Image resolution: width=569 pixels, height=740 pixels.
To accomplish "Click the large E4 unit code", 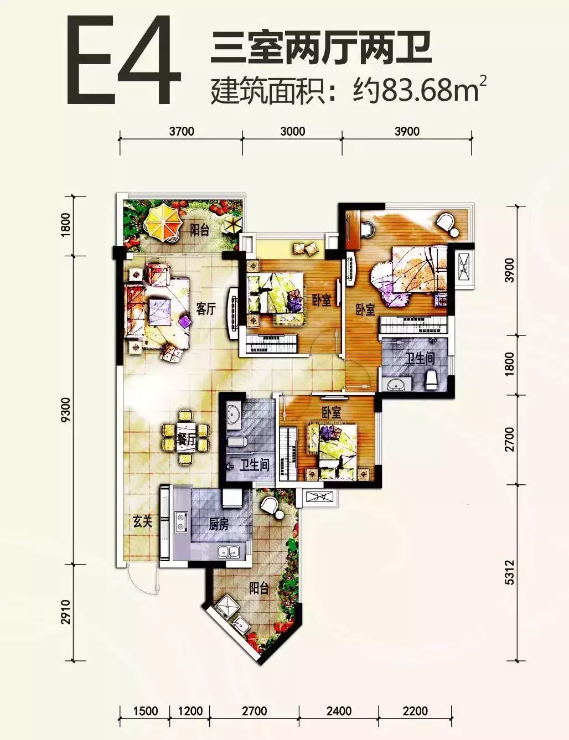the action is [123, 61].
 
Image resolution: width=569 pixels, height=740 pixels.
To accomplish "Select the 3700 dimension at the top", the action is [182, 131].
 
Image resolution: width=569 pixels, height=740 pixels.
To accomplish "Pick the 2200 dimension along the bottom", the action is [415, 711].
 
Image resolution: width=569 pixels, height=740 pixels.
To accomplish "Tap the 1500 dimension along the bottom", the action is [146, 711].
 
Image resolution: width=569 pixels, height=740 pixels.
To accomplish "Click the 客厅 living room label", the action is [206, 309].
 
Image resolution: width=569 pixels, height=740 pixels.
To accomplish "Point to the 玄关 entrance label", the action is [142, 521].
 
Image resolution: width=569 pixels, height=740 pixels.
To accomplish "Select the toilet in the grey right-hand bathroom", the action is [431, 380].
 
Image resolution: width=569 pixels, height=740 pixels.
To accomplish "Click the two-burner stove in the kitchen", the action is [179, 522].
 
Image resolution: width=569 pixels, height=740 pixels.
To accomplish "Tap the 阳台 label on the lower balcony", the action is [259, 588].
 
